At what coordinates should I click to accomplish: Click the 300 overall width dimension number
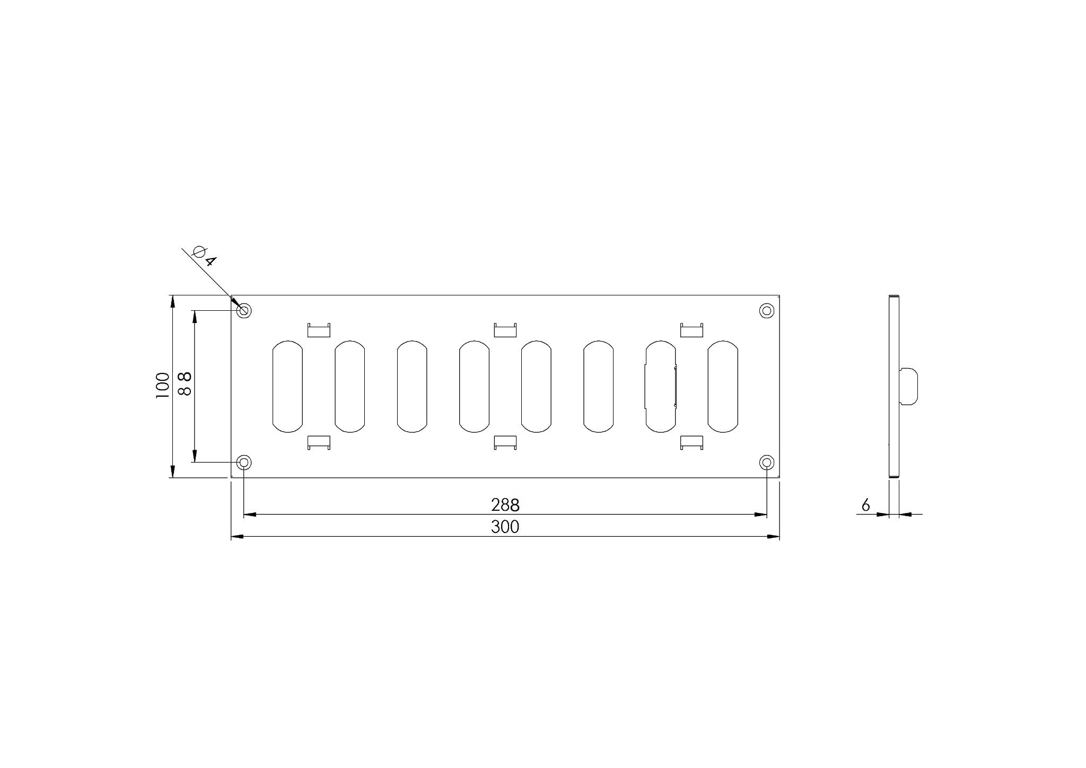505,527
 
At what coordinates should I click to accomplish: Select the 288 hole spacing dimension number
505,504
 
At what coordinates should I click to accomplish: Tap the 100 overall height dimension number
162,386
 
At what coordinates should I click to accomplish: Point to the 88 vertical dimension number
184,384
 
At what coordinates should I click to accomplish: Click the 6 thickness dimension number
865,505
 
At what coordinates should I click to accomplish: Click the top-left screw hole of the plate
244,310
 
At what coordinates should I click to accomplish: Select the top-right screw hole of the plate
767,310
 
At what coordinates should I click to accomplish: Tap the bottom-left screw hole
244,462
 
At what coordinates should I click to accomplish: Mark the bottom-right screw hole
767,462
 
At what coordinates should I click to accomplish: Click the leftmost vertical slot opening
287,386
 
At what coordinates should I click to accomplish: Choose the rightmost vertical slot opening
723,386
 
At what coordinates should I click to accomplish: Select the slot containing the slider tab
661,386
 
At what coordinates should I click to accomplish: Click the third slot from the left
412,386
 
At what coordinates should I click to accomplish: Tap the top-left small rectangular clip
319,330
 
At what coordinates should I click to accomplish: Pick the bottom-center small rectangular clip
505,442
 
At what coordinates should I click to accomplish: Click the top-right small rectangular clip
691,330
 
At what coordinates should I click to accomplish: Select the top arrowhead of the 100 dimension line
172,301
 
